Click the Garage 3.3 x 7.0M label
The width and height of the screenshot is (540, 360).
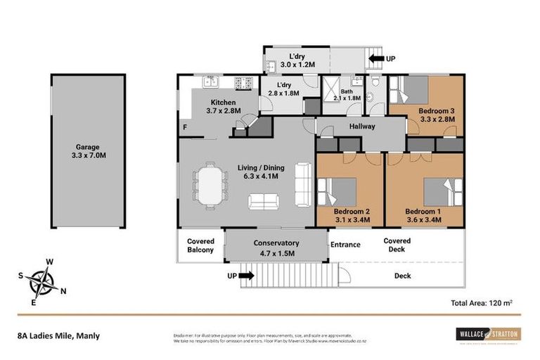tap(86, 152)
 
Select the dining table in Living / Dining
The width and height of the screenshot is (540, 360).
tap(210, 186)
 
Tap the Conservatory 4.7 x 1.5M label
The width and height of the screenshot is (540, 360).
tap(276, 247)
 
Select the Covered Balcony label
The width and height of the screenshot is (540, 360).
tap(200, 245)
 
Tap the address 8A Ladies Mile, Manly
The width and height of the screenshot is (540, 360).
tap(58, 335)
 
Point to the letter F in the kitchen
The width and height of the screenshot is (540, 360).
tap(184, 127)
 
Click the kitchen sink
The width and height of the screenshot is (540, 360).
tap(210, 82)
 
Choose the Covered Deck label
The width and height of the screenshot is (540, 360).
tap(397, 245)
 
